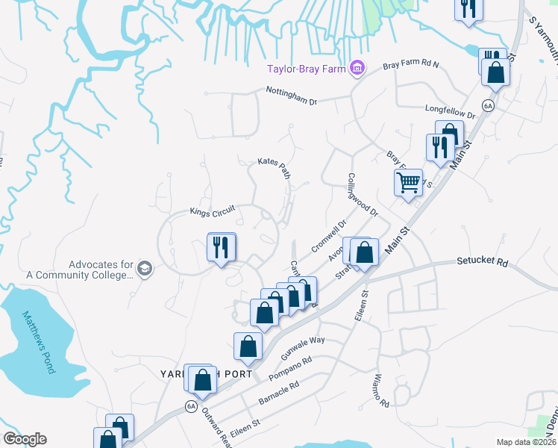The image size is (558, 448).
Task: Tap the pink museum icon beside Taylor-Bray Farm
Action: pos(357,69)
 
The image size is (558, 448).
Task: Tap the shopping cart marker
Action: pos(408,183)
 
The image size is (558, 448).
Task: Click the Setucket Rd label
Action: pos(482,263)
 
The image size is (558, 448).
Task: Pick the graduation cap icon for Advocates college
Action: pos(145,269)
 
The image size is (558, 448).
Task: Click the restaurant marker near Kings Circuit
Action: pos(221,248)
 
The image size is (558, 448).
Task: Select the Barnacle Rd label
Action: pos(278,393)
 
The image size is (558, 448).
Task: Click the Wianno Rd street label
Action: pos(382,391)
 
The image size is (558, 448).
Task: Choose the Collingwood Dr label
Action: pos(363,195)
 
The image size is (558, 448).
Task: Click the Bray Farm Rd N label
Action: pos(411,66)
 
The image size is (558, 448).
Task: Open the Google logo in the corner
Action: pos(25,439)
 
